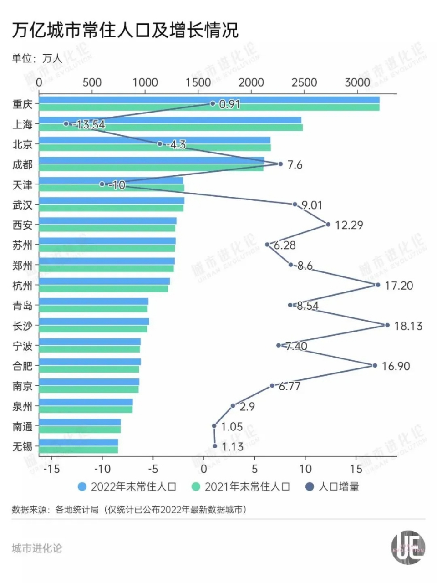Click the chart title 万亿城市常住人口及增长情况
pos(125,30)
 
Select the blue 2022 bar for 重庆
pos(209,100)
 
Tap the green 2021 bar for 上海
pos(171,128)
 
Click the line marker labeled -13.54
pos(66,123)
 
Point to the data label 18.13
pos(408,326)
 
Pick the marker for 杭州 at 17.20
pos(377,285)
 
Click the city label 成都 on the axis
pos(23,164)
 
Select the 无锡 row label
pos(23,446)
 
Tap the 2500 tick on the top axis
pos(304,82)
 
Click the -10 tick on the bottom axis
pos(102,469)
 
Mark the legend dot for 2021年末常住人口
pos(196,487)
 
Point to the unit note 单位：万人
pos(36,58)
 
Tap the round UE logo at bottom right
pos(408,547)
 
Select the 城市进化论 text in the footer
pos(37,548)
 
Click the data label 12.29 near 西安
pos(349,225)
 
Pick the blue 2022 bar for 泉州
pos(86,402)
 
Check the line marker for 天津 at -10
pos(102,184)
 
